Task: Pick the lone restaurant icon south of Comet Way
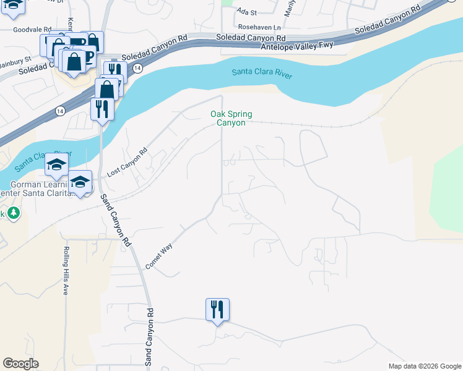point(217,309)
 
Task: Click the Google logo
point(21,364)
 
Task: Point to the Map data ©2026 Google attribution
point(424,366)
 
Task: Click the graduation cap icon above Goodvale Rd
point(12,5)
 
